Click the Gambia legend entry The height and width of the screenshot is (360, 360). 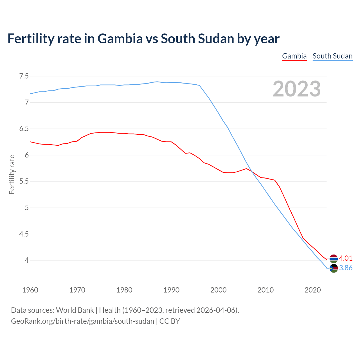point(294,56)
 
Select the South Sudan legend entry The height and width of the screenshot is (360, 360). point(332,56)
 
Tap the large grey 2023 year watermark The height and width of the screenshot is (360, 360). point(296,89)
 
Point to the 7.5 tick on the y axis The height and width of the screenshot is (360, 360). point(24,76)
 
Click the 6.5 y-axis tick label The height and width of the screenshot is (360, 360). point(24,129)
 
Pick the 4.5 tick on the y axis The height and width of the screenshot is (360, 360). point(24,234)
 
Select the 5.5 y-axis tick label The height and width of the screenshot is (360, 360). point(24,181)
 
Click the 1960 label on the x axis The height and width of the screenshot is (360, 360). point(30,290)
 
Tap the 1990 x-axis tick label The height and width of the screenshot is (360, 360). point(171,290)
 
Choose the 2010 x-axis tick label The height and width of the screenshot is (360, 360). point(265,290)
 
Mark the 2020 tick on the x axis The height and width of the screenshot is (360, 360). point(312,290)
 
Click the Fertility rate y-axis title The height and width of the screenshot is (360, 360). point(12,174)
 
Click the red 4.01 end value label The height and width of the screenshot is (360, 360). point(346,258)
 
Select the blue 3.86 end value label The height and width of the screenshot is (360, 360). point(346,268)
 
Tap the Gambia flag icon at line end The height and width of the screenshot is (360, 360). point(334,258)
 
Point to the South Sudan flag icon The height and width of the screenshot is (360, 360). point(334,268)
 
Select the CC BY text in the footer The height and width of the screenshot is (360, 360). point(170,321)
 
